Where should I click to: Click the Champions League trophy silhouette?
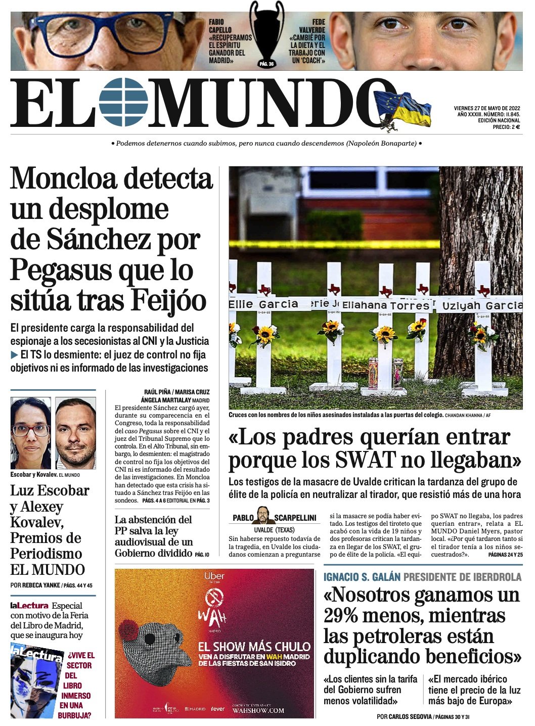click(x=266, y=30)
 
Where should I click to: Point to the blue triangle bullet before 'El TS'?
click(x=14, y=355)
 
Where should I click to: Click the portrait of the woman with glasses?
click(x=30, y=433)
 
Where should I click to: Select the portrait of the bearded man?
click(x=75, y=433)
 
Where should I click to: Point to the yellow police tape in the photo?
click(x=334, y=244)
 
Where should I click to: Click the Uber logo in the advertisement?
click(x=214, y=576)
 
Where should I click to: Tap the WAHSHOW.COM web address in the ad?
click(x=258, y=710)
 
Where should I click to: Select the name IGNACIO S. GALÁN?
click(x=362, y=577)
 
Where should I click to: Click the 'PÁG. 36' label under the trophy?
click(x=266, y=64)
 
